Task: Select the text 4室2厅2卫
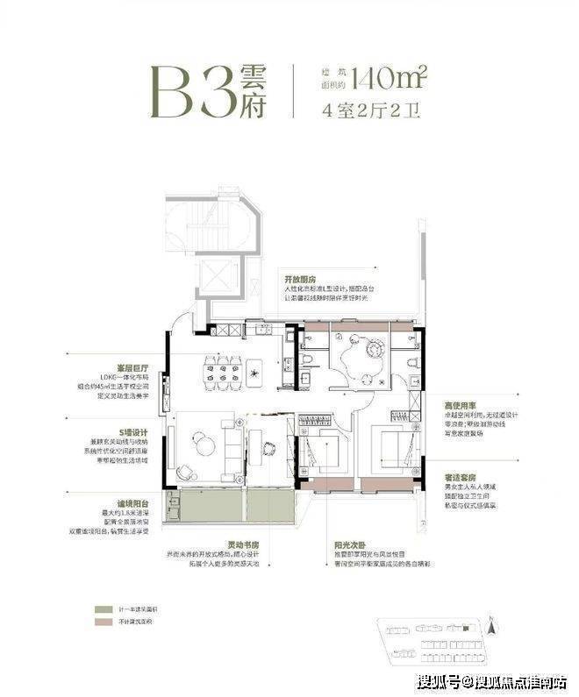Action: coord(372,111)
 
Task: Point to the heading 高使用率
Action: coord(461,407)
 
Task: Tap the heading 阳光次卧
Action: coord(349,545)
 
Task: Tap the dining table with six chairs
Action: coord(222,372)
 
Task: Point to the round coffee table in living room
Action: coord(205,445)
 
